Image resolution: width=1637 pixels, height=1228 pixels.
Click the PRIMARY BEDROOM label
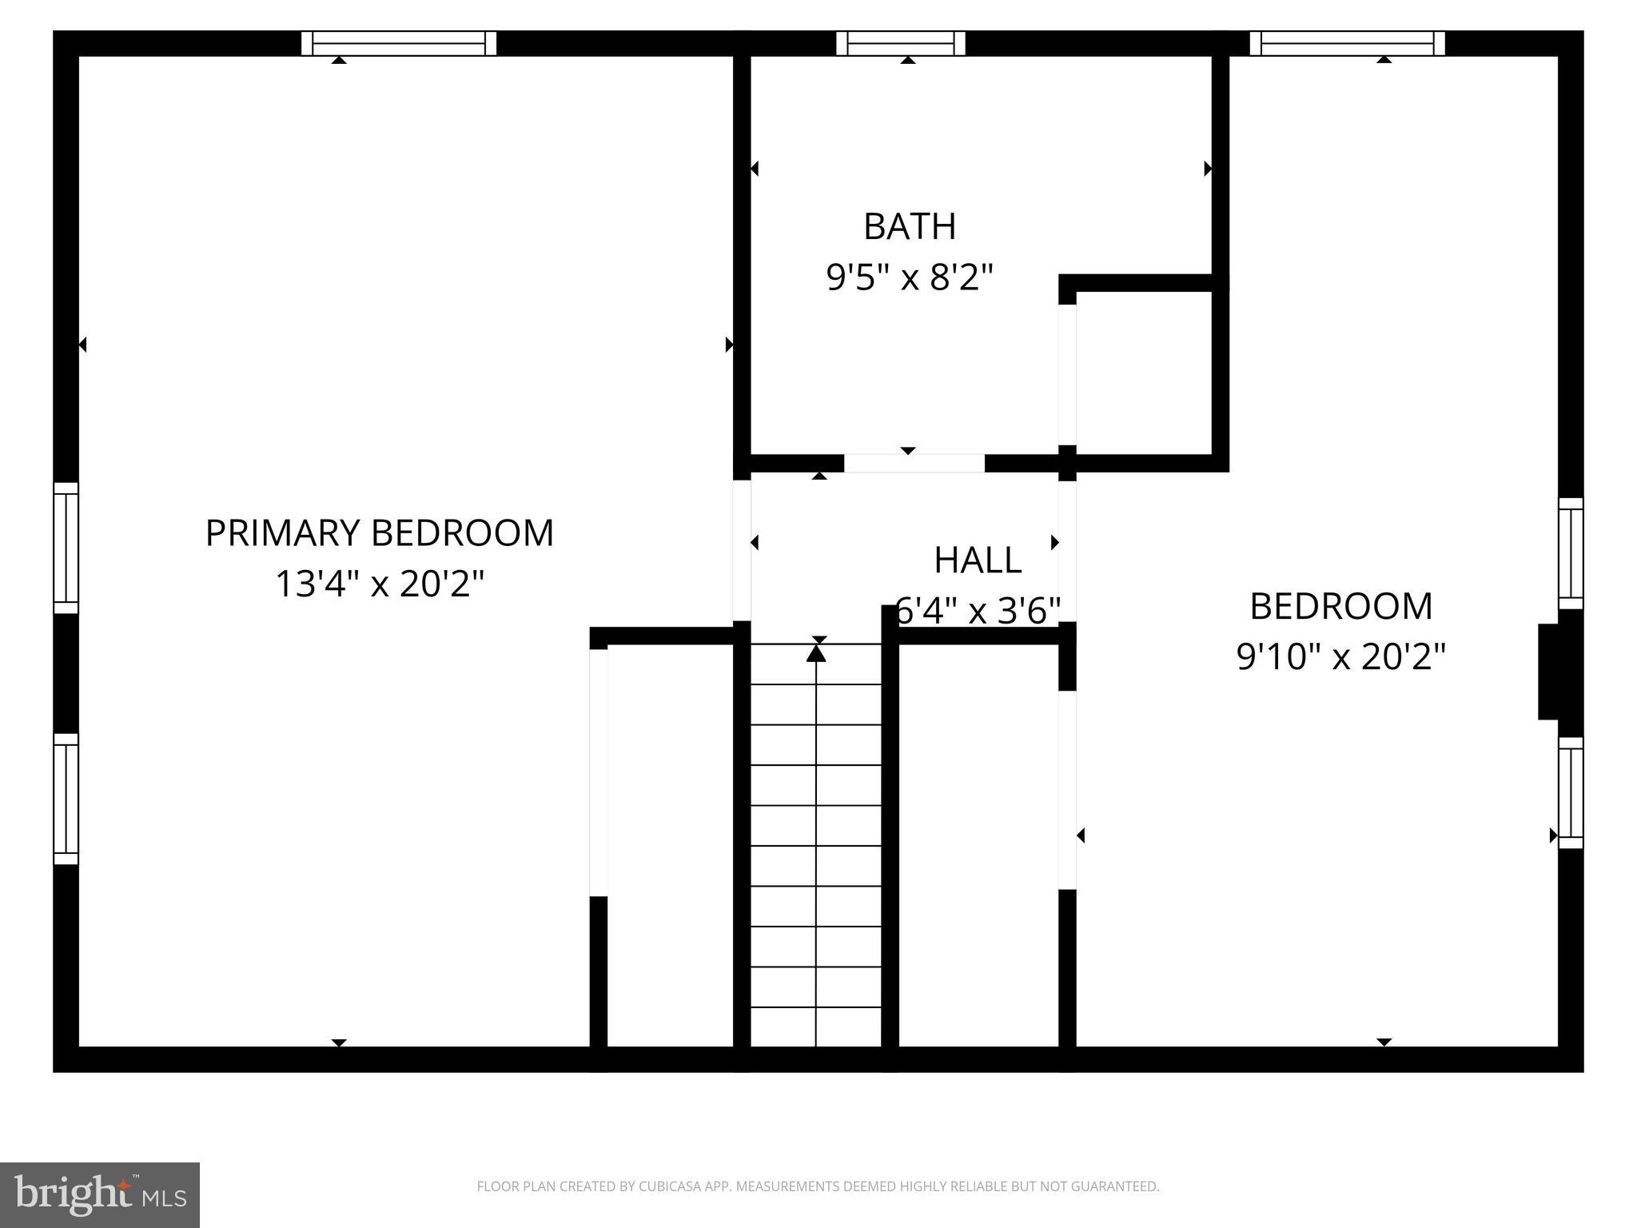click(379, 533)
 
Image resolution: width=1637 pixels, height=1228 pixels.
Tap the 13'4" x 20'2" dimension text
click(379, 584)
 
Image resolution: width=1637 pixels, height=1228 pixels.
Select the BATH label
click(909, 227)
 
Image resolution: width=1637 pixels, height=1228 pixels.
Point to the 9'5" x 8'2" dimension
click(909, 278)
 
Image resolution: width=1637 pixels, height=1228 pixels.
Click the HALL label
click(977, 560)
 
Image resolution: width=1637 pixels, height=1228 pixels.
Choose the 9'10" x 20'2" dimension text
click(1340, 657)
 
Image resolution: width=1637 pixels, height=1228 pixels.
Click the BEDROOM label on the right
click(1340, 606)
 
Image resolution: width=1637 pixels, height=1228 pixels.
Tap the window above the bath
click(900, 43)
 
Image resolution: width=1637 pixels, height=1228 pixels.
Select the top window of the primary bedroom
click(398, 43)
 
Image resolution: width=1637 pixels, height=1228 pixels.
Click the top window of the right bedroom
click(1347, 43)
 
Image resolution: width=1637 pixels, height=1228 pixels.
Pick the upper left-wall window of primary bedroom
click(66, 548)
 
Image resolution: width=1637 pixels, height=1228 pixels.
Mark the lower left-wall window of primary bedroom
click(66, 799)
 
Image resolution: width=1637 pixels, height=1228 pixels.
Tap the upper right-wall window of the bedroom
click(1570, 553)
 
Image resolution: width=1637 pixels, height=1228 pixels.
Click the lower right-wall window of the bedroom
click(1570, 792)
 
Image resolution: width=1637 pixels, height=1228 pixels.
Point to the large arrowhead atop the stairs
click(815, 653)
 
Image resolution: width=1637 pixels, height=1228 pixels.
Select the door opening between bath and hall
click(914, 464)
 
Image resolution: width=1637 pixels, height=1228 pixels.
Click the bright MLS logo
click(99, 1195)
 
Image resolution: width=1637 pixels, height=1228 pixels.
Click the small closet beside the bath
click(1144, 373)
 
